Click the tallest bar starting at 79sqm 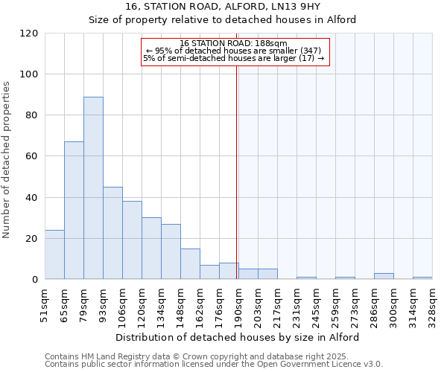click(93, 188)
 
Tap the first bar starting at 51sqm click(54, 254)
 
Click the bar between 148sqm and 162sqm click(190, 264)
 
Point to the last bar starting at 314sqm click(422, 278)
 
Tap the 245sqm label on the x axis click(316, 305)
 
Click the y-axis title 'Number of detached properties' click(7, 160)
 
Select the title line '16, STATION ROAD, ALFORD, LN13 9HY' click(223, 7)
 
